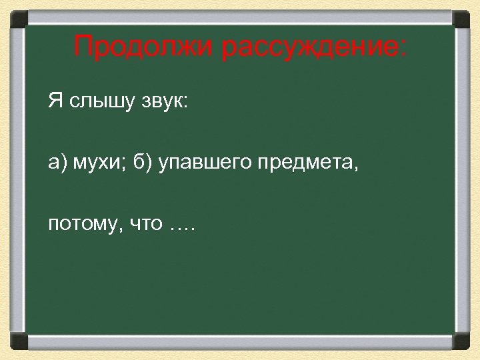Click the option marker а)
tap(57, 164)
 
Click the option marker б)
tap(145, 164)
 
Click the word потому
tap(77, 224)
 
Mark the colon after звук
tap(186, 104)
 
